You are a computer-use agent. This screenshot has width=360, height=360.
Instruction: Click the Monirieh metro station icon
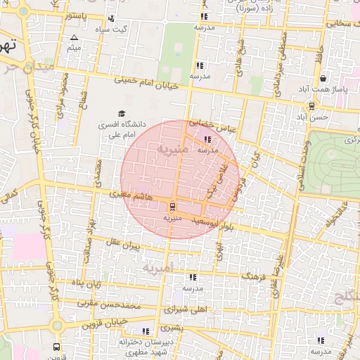(172, 207)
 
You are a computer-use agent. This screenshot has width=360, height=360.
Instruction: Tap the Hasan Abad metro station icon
(310, 107)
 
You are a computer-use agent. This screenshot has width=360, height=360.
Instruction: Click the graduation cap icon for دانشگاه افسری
(122, 114)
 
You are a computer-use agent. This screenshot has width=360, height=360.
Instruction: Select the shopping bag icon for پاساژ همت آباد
(323, 79)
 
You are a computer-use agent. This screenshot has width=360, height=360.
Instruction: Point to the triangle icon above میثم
(75, 37)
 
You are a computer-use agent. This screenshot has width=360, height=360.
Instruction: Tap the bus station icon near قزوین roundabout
(57, 347)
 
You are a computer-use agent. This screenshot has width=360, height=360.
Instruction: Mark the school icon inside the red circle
(206, 139)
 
